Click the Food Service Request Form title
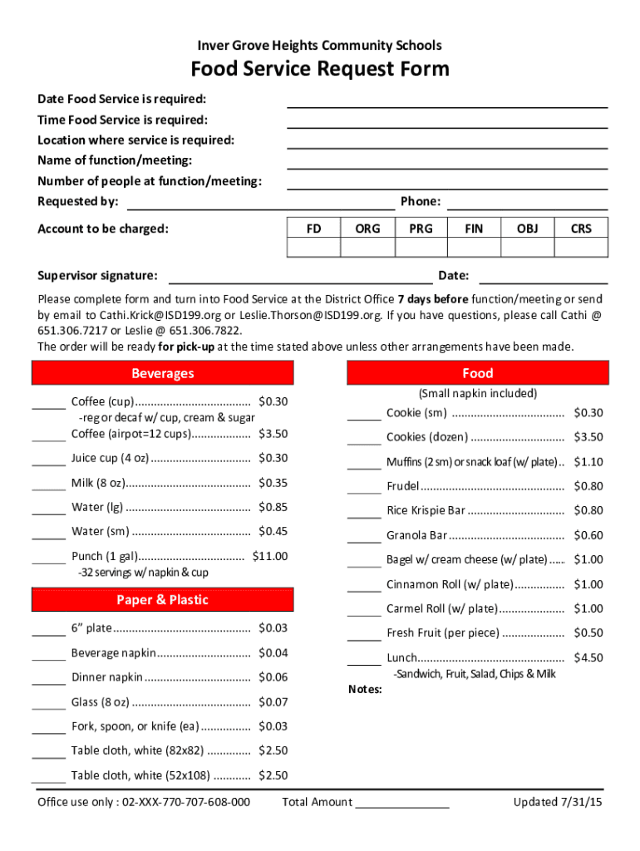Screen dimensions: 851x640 tap(320, 69)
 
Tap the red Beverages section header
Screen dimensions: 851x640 tap(163, 374)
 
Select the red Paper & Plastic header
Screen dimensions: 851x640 tap(163, 600)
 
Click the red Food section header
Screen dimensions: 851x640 tap(478, 374)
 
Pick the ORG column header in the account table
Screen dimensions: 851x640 tap(367, 229)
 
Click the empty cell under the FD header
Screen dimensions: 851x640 tap(314, 248)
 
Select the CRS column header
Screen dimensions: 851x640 tap(581, 229)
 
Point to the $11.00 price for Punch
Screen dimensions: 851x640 tap(271, 556)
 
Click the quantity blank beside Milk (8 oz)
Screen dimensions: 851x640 tap(49, 487)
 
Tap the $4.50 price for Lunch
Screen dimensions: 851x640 tap(588, 657)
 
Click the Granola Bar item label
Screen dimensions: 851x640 tap(416, 535)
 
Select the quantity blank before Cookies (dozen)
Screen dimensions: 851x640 tap(364, 442)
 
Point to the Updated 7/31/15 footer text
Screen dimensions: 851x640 tap(558, 802)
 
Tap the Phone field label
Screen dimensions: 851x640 tap(421, 201)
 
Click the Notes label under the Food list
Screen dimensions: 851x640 tap(364, 689)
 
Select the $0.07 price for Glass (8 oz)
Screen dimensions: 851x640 tap(273, 702)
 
